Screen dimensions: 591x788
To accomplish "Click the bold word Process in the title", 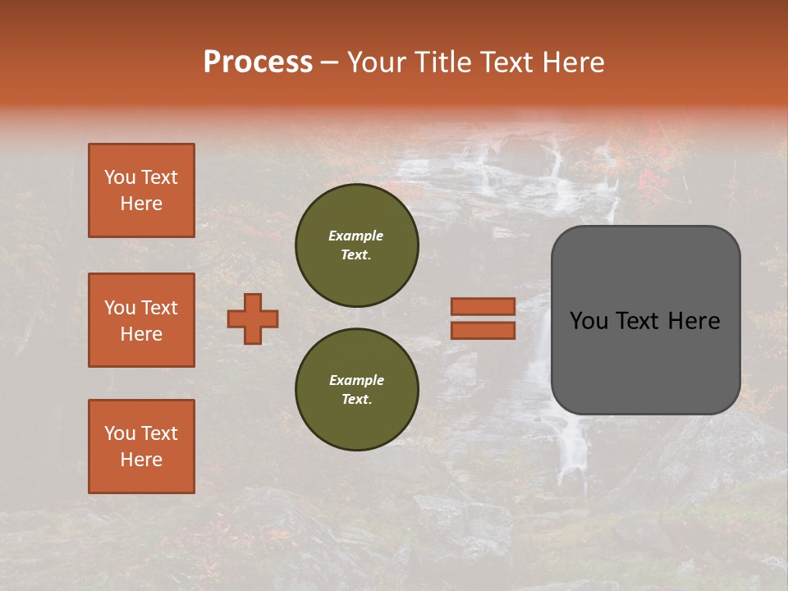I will [x=258, y=62].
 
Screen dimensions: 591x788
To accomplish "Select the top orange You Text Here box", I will [x=141, y=190].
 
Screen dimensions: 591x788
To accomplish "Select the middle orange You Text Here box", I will [x=141, y=320].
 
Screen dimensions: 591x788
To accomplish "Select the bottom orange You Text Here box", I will [x=141, y=447].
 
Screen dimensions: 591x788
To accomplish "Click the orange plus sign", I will [x=253, y=318].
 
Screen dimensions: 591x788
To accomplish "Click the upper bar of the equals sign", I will [x=483, y=307].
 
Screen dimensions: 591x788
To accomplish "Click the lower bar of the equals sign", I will [x=483, y=330].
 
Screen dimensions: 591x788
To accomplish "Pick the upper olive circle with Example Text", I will [x=356, y=245].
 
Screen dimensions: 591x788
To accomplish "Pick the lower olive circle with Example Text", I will [x=356, y=389].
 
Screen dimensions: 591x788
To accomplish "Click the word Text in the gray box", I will [x=641, y=321].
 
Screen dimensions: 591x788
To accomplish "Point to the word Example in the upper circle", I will [x=355, y=236].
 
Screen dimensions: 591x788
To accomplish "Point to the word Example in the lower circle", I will [x=356, y=380].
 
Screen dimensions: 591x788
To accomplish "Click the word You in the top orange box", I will [x=120, y=177].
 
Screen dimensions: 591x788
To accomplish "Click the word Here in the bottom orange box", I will [x=141, y=460].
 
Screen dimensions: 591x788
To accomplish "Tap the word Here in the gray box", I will [x=694, y=321].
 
